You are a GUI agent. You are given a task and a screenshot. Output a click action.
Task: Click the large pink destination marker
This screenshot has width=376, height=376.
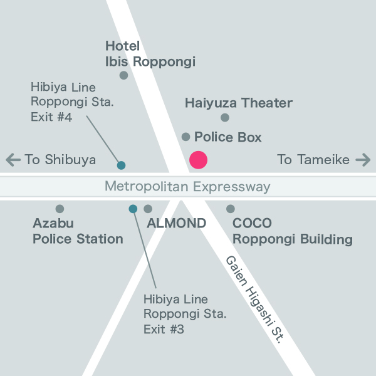point(198,160)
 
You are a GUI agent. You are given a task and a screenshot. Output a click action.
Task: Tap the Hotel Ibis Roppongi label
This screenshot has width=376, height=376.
point(150,54)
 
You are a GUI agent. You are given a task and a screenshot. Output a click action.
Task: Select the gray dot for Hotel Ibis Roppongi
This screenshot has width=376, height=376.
point(123,75)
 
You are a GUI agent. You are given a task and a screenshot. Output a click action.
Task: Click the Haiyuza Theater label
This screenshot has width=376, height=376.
point(239,103)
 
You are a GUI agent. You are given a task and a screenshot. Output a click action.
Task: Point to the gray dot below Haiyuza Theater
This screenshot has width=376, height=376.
point(225,118)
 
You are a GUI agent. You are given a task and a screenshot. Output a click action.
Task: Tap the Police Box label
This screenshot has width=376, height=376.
point(227,137)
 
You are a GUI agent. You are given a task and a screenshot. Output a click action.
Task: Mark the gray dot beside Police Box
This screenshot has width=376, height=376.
point(185,137)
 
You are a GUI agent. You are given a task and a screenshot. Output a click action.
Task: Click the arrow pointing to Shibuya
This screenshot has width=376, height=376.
point(13,160)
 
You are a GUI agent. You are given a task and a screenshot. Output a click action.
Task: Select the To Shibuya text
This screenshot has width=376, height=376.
point(60,160)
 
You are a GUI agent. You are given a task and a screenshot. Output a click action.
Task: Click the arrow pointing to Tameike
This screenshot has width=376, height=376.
point(363,160)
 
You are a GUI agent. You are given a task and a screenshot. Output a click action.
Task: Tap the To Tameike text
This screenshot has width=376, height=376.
point(313,160)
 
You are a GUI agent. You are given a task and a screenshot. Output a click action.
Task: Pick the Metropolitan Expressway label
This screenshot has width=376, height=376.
point(187,187)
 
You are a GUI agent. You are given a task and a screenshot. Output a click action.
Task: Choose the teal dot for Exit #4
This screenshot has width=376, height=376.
point(122,165)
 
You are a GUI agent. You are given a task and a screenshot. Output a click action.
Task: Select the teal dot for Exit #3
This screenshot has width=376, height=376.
point(133,209)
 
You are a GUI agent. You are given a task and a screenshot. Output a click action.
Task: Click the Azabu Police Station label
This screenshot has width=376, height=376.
point(78,231)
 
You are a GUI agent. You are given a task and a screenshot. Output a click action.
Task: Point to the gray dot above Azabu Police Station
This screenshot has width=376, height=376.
point(60,209)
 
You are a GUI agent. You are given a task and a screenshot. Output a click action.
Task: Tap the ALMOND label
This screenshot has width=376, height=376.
point(176,223)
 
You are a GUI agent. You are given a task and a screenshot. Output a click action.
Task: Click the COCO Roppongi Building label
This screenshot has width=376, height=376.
point(292,231)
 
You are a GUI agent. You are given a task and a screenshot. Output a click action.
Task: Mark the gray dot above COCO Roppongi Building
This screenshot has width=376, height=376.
point(231,209)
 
